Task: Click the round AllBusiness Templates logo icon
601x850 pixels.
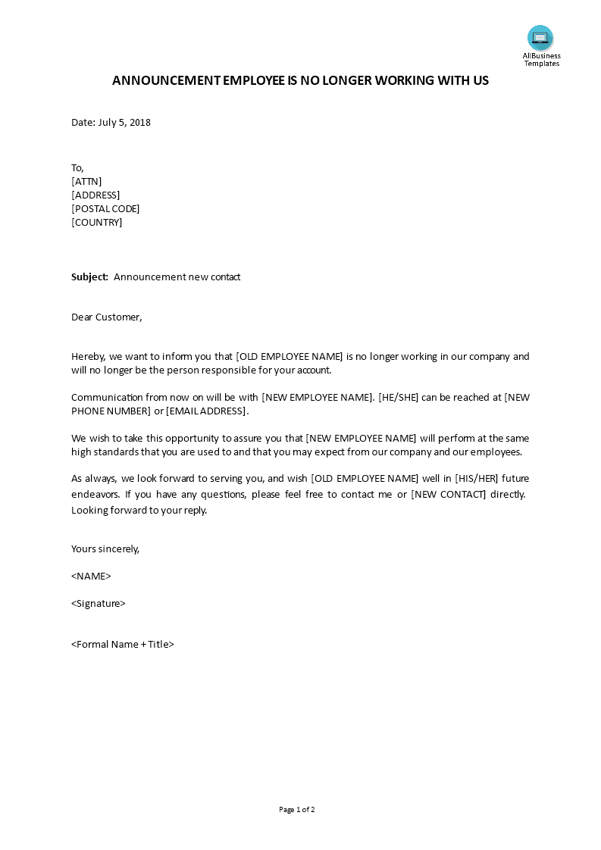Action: point(540,37)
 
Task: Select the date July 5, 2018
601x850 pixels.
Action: point(124,122)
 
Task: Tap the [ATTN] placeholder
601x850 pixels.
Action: point(86,181)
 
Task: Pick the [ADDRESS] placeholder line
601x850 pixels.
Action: point(95,195)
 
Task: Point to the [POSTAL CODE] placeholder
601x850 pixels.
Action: point(105,208)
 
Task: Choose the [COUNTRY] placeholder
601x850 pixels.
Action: point(96,222)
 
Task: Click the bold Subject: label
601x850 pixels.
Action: point(90,277)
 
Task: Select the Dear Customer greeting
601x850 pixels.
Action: point(106,317)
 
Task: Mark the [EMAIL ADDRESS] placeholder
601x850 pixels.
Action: point(206,411)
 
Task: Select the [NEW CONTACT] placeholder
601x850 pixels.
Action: point(448,494)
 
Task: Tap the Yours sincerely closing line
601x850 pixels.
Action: point(105,548)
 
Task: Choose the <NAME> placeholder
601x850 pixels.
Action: point(91,576)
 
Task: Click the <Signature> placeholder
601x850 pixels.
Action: point(98,603)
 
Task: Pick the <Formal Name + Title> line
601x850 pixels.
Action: point(123,644)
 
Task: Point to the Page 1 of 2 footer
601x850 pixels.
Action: point(296,809)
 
